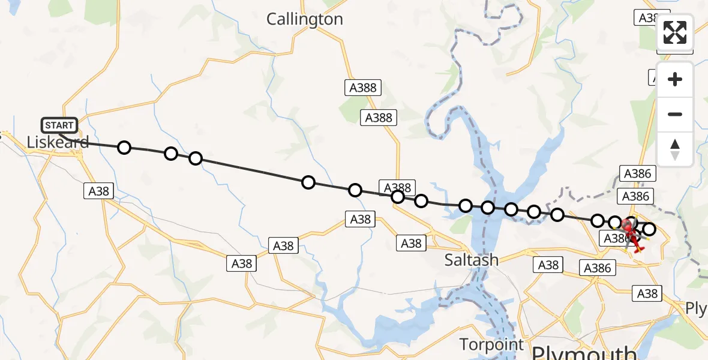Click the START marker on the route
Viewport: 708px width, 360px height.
pos(59,125)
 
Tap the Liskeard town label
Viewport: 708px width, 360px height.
pos(58,142)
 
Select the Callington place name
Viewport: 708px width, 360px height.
pos(305,19)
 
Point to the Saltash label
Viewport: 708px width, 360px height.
pos(472,260)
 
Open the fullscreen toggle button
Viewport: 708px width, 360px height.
pos(675,33)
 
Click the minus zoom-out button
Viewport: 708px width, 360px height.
pos(675,114)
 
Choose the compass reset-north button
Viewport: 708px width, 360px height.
pos(675,149)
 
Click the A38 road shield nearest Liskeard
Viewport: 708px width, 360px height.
pos(99,191)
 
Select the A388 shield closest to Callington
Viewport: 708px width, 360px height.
pos(363,88)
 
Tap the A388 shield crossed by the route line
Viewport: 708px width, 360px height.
pos(397,187)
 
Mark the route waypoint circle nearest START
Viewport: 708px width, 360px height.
pos(124,147)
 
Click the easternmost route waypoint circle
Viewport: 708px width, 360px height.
pos(649,229)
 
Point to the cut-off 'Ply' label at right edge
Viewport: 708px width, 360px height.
pos(697,308)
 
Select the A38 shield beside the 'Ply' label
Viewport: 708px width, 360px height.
pos(647,293)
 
